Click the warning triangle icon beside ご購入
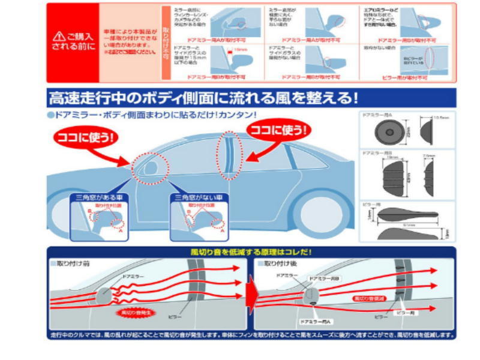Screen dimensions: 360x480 [59, 36]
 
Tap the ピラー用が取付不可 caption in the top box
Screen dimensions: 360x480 [405, 77]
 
